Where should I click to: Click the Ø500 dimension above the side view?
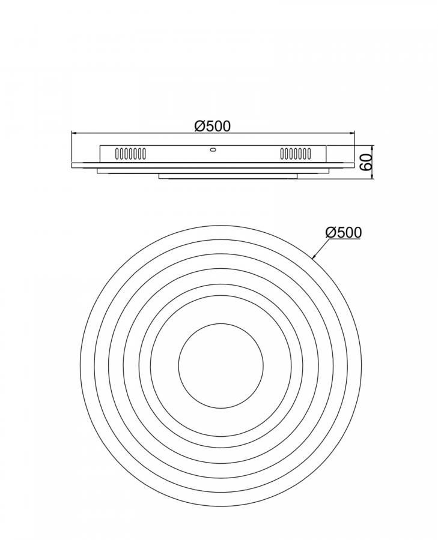coord(212,126)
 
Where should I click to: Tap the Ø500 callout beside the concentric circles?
coord(344,232)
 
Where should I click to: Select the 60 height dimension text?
coord(366,162)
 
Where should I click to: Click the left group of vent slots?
coord(130,153)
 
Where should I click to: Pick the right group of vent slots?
coord(296,153)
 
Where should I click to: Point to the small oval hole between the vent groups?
coord(213,149)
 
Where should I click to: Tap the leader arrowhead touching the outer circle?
coord(314,256)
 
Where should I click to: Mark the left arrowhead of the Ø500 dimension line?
coord(73,132)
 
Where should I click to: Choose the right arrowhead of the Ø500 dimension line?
coord(352,132)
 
